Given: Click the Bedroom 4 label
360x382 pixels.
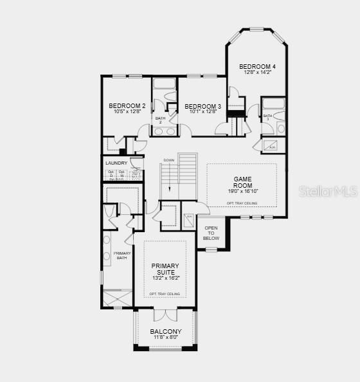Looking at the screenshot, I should (257, 66).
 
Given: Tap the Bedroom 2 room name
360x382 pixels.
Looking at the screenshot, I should (127, 106).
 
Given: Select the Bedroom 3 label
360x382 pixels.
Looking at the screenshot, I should (203, 106).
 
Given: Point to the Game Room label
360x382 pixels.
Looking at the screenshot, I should (242, 182).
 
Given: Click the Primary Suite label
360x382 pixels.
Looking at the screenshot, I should (165, 269).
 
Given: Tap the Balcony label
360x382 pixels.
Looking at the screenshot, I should (166, 332).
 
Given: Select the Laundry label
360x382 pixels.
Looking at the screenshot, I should (116, 163).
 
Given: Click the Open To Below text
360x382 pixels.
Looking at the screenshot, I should (211, 233).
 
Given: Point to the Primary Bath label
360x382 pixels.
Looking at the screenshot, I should (122, 255).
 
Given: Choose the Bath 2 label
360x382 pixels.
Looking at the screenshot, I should (160, 120).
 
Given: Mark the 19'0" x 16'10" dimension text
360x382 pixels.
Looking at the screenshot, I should (242, 191).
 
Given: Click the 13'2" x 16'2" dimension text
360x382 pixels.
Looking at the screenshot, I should (165, 278).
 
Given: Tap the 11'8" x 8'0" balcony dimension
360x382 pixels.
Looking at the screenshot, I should (166, 338).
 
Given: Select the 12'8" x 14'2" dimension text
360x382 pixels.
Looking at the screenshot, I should (257, 72).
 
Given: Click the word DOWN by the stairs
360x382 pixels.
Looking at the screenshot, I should (169, 160).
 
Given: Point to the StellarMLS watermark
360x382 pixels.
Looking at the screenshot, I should (325, 191).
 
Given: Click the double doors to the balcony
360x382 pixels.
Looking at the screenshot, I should (165, 315).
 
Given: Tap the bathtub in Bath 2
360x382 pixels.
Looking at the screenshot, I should (165, 84).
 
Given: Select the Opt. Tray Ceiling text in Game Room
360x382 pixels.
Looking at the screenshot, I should (242, 203).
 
